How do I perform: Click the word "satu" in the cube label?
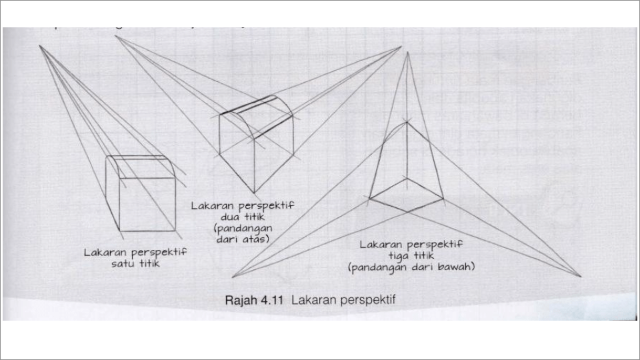(122, 263)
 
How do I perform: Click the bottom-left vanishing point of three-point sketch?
(233, 277)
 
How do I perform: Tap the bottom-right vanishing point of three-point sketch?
(580, 276)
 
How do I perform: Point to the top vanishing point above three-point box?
(402, 47)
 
